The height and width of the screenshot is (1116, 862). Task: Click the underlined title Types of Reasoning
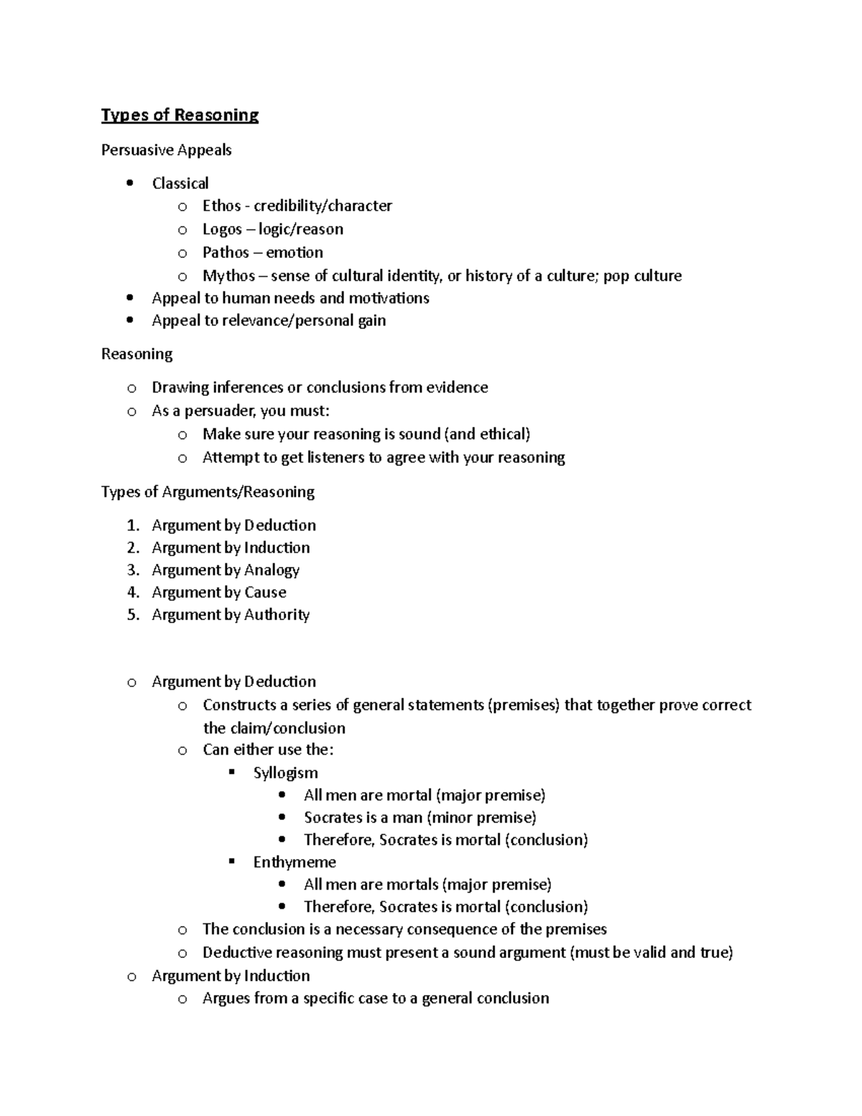click(x=180, y=115)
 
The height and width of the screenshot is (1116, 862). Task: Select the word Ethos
click(x=221, y=206)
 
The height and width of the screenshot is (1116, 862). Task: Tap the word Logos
click(x=222, y=229)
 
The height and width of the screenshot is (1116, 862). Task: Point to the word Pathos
click(x=226, y=252)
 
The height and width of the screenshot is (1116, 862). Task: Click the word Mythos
click(x=228, y=276)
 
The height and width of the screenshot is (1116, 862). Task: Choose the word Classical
click(x=180, y=183)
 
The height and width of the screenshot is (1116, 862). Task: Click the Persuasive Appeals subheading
click(x=166, y=150)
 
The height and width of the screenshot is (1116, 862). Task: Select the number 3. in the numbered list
click(x=133, y=570)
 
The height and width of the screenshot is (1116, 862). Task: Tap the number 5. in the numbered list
click(x=133, y=614)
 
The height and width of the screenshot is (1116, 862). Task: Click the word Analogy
click(x=272, y=570)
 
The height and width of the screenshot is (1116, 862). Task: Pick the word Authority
click(x=277, y=614)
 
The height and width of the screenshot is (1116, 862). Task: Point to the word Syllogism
click(x=285, y=773)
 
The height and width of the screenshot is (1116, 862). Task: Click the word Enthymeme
click(x=295, y=862)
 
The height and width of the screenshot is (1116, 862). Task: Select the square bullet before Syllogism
click(x=231, y=773)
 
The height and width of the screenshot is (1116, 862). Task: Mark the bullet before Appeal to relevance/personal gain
click(x=129, y=320)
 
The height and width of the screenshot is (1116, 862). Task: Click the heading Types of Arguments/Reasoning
click(x=208, y=492)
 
